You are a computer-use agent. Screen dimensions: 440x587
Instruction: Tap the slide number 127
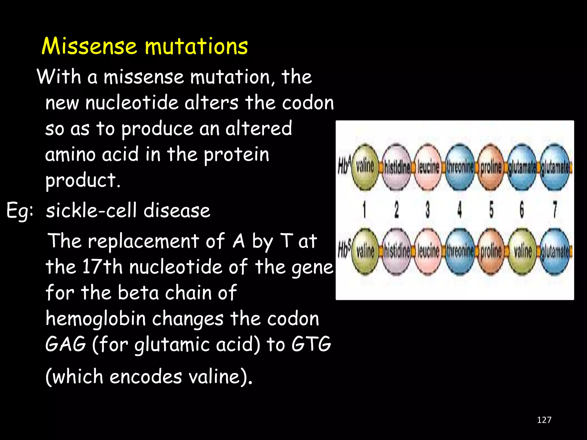[x=544, y=420]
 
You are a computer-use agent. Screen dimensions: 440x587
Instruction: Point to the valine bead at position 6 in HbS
[x=523, y=252]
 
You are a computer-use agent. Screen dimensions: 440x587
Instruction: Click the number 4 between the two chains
[x=459, y=209]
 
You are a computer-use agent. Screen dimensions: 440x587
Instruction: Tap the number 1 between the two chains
[x=364, y=209]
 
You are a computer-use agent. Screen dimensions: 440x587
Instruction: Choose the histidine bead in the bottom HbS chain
[x=397, y=252]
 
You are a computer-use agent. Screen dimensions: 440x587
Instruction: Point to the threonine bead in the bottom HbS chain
[x=459, y=252]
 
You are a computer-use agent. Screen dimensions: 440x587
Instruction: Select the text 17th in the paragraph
[x=102, y=267]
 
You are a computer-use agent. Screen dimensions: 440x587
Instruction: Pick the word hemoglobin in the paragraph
[x=96, y=319]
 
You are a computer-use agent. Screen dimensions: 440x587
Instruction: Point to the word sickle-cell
[x=91, y=211]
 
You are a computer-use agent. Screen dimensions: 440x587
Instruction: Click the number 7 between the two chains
[x=555, y=209]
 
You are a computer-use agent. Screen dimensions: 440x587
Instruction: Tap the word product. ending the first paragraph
[x=83, y=180]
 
